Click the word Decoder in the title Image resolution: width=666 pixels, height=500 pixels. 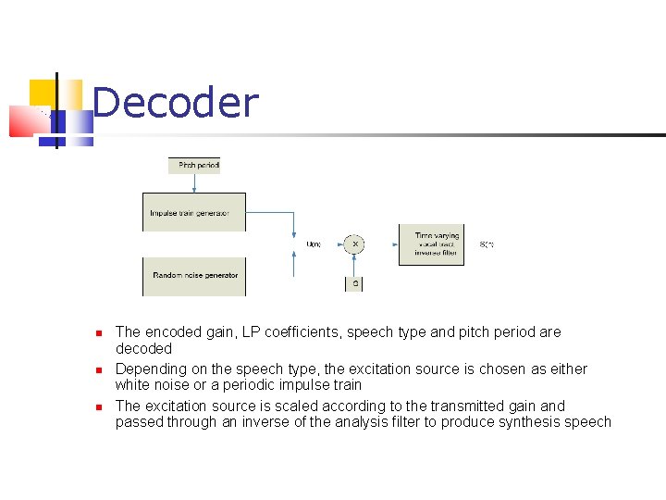click(176, 103)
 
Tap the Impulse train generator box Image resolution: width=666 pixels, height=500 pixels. click(194, 213)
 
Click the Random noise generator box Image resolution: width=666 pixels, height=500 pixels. click(194, 276)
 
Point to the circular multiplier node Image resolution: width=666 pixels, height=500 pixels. click(355, 244)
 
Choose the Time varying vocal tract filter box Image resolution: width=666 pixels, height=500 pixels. click(431, 244)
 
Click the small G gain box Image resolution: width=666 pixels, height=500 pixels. click(355, 283)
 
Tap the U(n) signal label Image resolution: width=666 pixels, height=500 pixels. click(314, 244)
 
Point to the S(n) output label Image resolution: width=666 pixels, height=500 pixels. click(487, 244)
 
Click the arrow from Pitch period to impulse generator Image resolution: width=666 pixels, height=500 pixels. click(194, 183)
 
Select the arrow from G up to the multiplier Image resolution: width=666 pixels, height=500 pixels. click(355, 266)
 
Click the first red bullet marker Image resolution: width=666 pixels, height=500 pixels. click(95, 332)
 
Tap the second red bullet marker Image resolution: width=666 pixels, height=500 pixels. click(95, 369)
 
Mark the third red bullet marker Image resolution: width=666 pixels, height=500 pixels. click(95, 406)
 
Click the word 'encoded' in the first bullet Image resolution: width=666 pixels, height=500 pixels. click(172, 331)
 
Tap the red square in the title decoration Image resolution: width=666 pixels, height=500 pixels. click(23, 120)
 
